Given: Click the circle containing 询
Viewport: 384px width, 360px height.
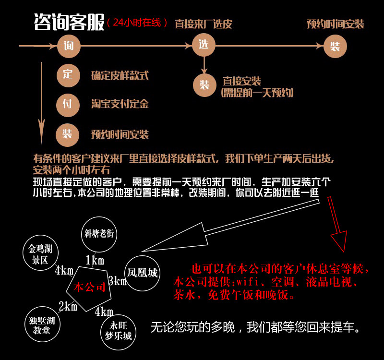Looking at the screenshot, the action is tap(68, 46).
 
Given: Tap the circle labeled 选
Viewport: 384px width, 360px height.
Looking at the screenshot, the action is tap(204, 46).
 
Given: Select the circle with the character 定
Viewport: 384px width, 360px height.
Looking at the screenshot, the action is tap(68, 75).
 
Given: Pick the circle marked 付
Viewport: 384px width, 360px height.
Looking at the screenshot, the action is tap(68, 104).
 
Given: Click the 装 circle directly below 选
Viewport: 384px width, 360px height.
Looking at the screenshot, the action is tap(204, 85).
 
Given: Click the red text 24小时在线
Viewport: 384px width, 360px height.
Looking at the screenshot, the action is tap(138, 23).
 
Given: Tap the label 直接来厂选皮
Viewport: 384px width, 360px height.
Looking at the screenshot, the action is tap(203, 24).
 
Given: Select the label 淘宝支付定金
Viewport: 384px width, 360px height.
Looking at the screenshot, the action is tap(120, 104).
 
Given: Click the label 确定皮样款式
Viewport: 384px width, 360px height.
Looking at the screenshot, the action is tap(120, 75).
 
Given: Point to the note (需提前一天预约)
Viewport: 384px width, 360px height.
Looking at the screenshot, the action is tap(257, 93).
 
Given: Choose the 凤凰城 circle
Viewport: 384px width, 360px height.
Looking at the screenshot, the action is tap(142, 273).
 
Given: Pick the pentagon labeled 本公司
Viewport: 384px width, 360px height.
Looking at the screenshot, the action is tap(89, 288).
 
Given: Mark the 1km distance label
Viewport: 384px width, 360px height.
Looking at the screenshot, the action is tap(95, 261).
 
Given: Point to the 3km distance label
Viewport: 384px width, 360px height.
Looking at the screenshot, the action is tap(117, 281).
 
